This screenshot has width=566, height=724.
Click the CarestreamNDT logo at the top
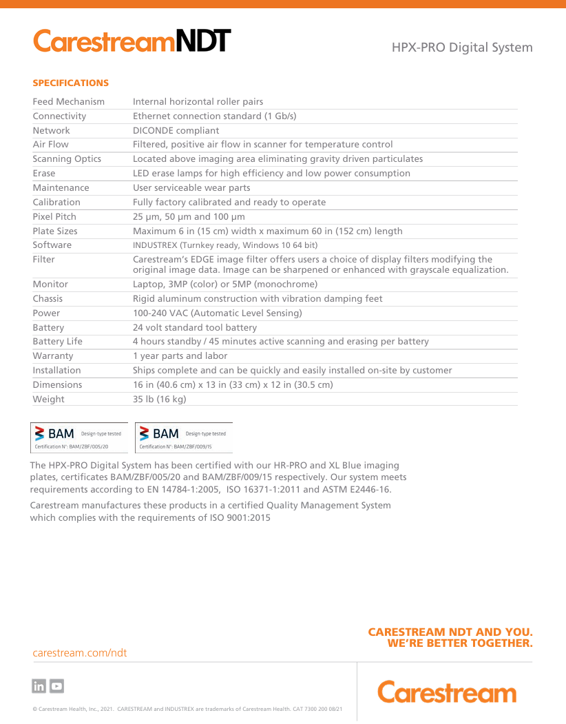point(132,41)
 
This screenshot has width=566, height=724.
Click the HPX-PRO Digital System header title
point(462,48)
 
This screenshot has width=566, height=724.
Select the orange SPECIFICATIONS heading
point(71,83)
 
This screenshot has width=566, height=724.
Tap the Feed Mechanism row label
point(69,102)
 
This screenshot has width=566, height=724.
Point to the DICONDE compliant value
point(176,130)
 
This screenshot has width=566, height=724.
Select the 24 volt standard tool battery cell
point(194,328)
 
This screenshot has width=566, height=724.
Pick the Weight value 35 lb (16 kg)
point(159,399)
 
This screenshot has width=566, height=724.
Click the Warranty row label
point(53,356)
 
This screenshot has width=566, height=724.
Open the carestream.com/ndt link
point(80,652)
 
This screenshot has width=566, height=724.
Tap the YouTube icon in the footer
point(57,686)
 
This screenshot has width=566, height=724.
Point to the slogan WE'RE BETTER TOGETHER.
point(460,643)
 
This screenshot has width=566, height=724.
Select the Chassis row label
point(48,299)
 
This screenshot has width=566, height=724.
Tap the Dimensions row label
point(57,385)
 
